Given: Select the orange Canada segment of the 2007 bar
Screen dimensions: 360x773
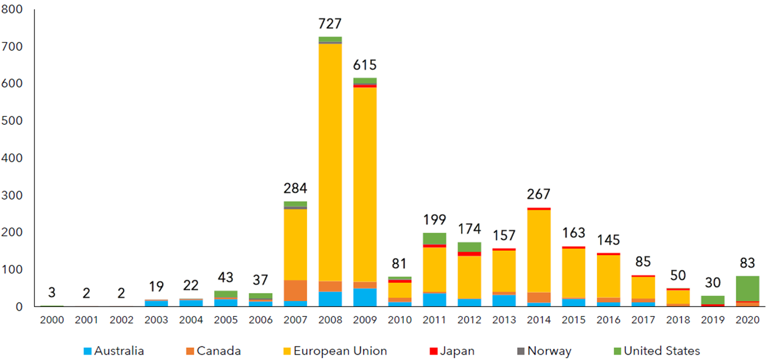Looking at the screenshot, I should (x=295, y=290).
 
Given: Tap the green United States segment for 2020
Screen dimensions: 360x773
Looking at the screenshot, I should (x=747, y=288).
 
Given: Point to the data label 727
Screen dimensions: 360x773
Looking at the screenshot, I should (x=330, y=24).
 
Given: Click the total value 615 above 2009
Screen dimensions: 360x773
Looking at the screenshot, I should (x=364, y=65).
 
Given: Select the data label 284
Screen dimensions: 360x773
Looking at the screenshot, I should (x=295, y=188).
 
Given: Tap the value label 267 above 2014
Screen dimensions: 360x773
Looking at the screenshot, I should (x=538, y=194).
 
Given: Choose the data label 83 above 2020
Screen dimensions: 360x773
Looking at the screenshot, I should (x=747, y=264).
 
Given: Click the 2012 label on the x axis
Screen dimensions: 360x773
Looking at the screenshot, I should (x=469, y=319).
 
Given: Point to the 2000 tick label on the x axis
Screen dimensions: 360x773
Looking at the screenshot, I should (x=52, y=319).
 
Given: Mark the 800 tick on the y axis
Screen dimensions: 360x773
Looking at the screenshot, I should (x=13, y=10).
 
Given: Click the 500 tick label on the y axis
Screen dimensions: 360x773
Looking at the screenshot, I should (x=13, y=121).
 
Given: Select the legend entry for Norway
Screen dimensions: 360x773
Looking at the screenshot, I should (x=549, y=351).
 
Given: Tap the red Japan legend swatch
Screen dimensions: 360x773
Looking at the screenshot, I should (x=434, y=351).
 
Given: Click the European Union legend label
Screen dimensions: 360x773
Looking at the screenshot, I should (x=340, y=351).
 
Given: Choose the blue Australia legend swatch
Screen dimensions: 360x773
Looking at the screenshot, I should (x=88, y=351).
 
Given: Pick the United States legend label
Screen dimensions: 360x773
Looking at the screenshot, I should (x=662, y=351).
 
